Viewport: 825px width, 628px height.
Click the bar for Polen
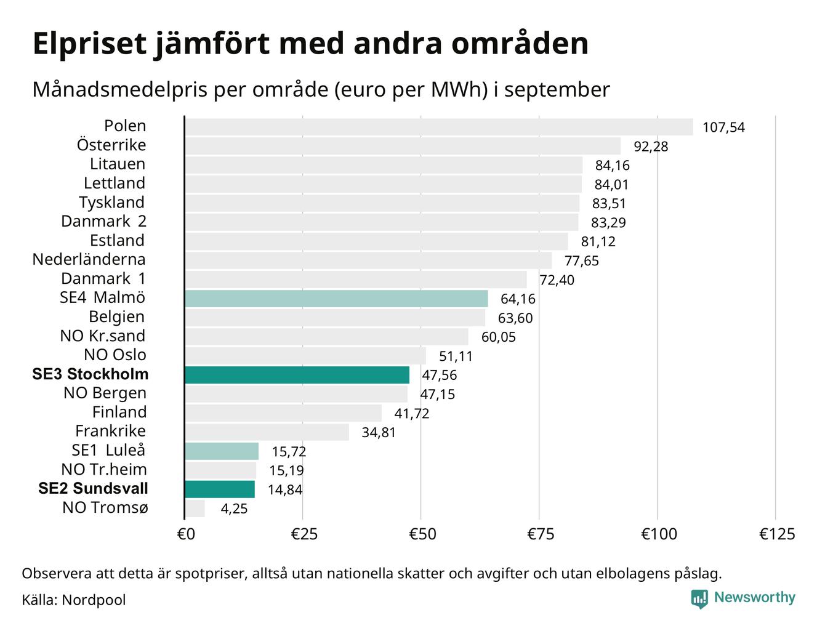(x=438, y=127)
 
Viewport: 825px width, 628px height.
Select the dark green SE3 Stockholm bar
(x=297, y=375)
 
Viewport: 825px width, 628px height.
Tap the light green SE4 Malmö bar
(x=336, y=299)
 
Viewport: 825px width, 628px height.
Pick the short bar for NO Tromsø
(x=195, y=509)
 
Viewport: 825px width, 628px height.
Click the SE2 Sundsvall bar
(x=220, y=489)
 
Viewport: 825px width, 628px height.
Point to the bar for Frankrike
(x=267, y=432)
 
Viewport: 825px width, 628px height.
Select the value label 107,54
(x=723, y=127)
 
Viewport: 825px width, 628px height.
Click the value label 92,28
(x=651, y=147)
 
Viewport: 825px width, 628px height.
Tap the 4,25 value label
(x=234, y=509)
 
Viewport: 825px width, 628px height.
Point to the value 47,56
(x=439, y=375)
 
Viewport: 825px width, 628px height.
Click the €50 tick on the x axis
(x=422, y=534)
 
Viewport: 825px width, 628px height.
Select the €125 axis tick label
(x=777, y=534)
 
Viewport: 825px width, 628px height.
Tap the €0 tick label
(x=186, y=534)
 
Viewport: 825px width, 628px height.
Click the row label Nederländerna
(x=89, y=259)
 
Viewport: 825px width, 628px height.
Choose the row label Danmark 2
(x=103, y=221)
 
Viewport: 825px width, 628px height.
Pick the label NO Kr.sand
(x=102, y=336)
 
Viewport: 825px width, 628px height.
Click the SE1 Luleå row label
(x=108, y=450)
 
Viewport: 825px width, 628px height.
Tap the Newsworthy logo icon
(x=699, y=598)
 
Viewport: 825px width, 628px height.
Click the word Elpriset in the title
(x=90, y=44)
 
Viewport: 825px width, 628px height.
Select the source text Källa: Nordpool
(x=74, y=600)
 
